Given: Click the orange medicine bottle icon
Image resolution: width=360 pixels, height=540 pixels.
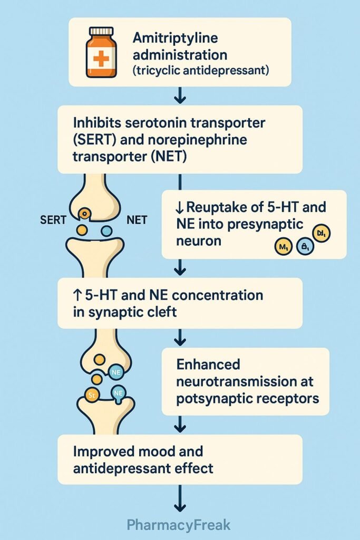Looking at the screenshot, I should tap(101, 52).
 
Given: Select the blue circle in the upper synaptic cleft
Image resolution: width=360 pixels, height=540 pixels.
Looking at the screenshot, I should tap(106, 230).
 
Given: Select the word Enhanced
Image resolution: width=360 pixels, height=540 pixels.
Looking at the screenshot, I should tap(209, 364).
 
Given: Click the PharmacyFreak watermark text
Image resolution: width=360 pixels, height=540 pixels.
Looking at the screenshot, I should tap(179, 525).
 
